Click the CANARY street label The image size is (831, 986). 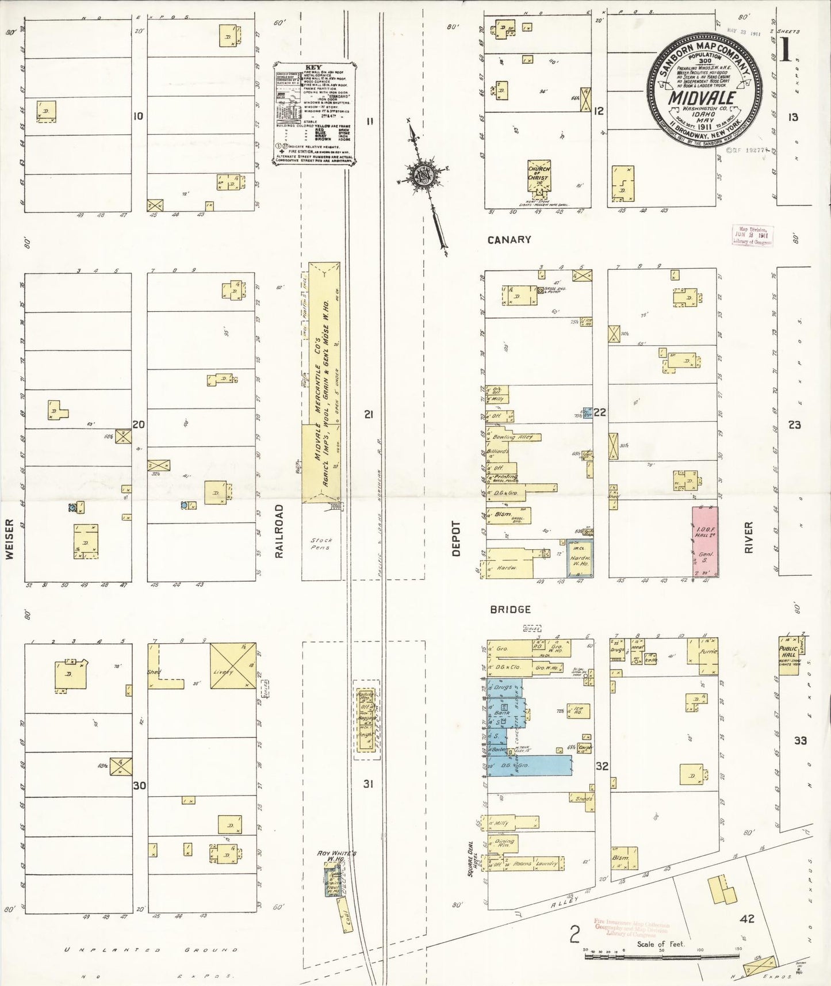[509, 239]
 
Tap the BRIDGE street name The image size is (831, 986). [510, 609]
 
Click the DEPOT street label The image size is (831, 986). [456, 538]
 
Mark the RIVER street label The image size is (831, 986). [748, 537]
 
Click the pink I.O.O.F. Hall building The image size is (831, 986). [704, 541]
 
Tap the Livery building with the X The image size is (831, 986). [232, 666]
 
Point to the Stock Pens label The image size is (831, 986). [321, 544]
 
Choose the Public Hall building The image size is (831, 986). [788, 655]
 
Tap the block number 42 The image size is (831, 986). [747, 919]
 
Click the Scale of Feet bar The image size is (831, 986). [661, 957]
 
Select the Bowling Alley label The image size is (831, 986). [512, 437]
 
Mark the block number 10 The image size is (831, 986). [138, 116]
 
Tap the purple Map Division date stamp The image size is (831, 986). [752, 235]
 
